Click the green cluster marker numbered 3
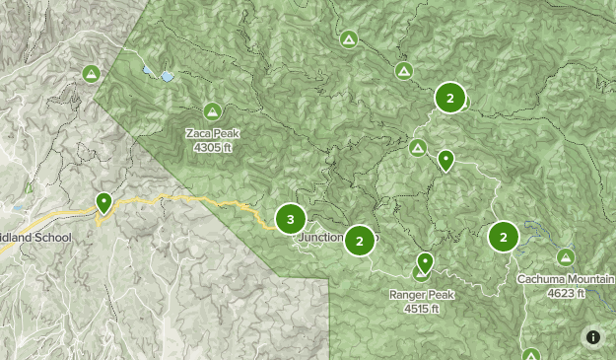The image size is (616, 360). pyautogui.click(x=290, y=219)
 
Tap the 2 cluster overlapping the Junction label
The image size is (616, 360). pyautogui.click(x=360, y=240)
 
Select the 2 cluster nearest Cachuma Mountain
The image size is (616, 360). pyautogui.click(x=503, y=237)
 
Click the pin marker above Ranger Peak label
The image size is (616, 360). pyautogui.click(x=425, y=262)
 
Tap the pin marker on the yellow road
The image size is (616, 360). pyautogui.click(x=103, y=203)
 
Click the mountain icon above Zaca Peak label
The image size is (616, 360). pyautogui.click(x=212, y=112)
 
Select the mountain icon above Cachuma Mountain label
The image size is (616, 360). pyautogui.click(x=565, y=257)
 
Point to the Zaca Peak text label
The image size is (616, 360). pyautogui.click(x=212, y=134)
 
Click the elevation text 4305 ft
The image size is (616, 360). pyautogui.click(x=212, y=148)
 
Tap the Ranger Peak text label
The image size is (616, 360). pyautogui.click(x=421, y=295)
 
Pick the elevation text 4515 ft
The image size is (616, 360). pyautogui.click(x=421, y=308)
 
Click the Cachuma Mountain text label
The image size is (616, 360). pyautogui.click(x=566, y=279)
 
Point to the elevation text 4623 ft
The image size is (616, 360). pyautogui.click(x=566, y=293)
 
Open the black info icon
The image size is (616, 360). pyautogui.click(x=593, y=337)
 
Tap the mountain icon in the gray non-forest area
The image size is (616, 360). pyautogui.click(x=92, y=74)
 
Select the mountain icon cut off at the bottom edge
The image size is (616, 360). pyautogui.click(x=531, y=355)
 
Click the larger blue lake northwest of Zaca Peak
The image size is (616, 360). pyautogui.click(x=167, y=76)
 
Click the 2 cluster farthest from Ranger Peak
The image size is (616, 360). pyautogui.click(x=449, y=98)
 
